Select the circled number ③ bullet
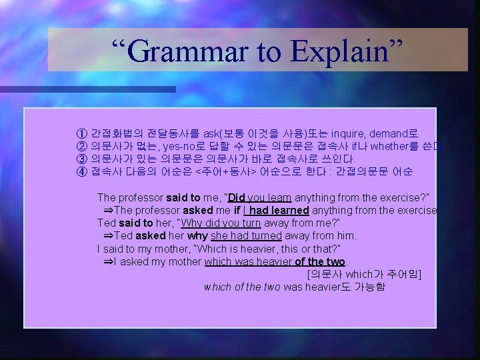point(82,159)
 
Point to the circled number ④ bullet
point(82,171)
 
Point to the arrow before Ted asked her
point(109,235)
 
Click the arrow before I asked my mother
point(109,261)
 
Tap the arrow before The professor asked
point(109,210)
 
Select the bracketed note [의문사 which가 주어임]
point(363,273)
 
